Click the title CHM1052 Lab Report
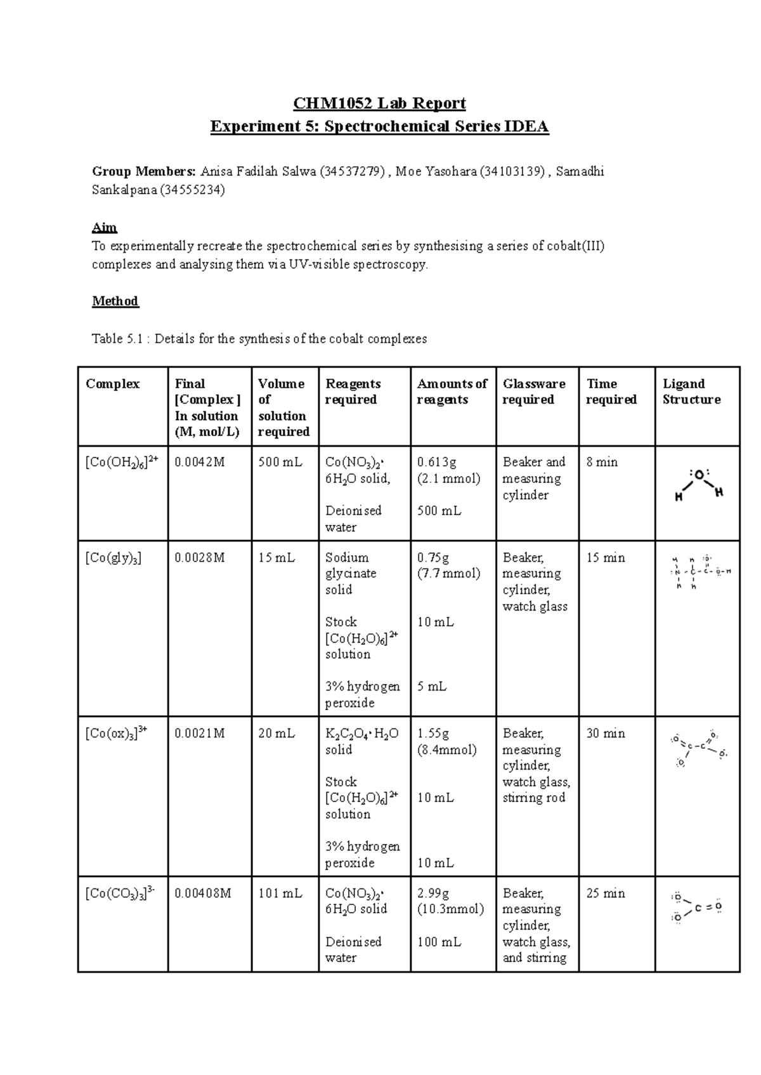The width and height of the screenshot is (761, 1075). tap(379, 103)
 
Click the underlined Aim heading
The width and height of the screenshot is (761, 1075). tap(105, 227)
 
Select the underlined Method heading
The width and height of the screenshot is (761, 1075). tap(115, 301)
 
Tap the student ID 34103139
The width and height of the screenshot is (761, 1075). tap(511, 171)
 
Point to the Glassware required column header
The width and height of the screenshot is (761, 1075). tap(533, 392)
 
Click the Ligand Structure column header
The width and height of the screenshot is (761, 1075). tap(691, 392)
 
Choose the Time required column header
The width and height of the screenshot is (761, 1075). tap(611, 392)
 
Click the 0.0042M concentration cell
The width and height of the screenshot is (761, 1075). tap(200, 462)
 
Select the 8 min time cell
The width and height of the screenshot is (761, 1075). tap(602, 462)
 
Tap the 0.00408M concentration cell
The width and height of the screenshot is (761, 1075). tap(203, 893)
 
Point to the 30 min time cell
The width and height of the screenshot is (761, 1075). tap(606, 733)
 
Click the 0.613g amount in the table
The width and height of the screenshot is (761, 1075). tap(436, 462)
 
